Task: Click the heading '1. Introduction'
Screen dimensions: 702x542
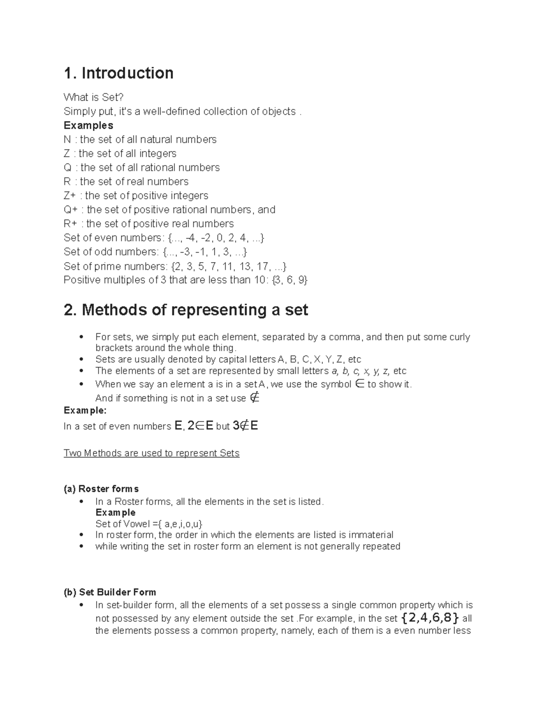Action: pos(118,73)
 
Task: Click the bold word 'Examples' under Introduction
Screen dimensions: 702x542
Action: pos(88,125)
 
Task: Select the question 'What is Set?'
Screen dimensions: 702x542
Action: pos(93,97)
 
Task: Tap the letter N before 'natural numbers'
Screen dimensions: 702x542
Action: pos(67,139)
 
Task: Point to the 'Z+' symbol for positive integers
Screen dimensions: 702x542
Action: pos(70,195)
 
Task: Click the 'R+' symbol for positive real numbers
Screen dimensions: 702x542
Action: pos(70,224)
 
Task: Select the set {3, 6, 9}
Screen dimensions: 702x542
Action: pos(290,280)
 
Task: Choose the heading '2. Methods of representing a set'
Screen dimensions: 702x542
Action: pos(186,310)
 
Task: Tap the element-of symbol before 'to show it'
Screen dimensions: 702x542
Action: pos(360,384)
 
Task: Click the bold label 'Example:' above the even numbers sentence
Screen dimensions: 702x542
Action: pos(85,410)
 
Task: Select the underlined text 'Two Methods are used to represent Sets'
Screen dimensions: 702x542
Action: pos(151,453)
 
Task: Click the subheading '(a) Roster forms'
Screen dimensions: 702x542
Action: pos(101,489)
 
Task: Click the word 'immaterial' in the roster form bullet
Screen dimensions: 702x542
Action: pos(371,535)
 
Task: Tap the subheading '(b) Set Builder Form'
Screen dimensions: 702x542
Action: pos(110,592)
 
